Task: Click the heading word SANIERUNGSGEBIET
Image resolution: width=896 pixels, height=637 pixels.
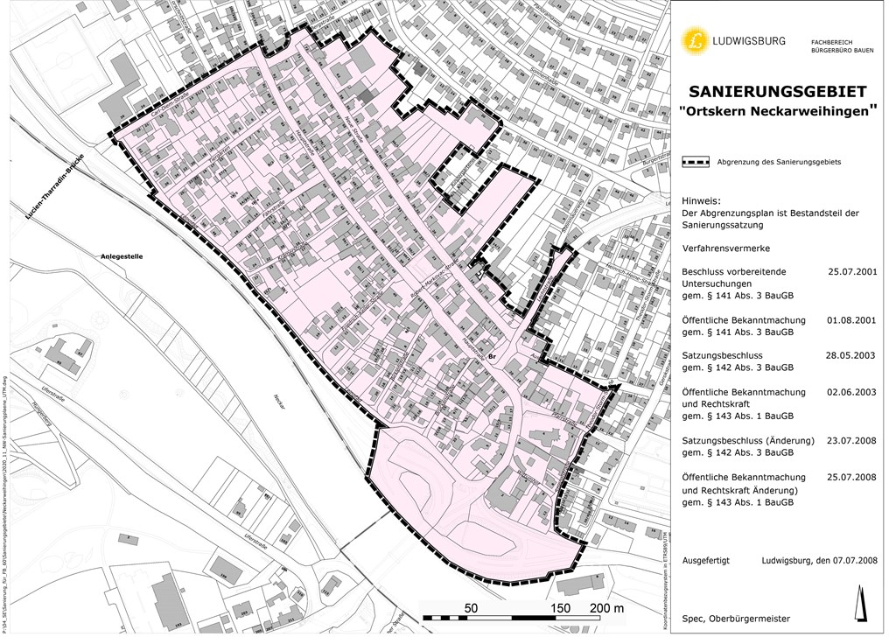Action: pos(778,92)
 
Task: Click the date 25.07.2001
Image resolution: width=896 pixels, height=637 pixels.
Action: pos(851,271)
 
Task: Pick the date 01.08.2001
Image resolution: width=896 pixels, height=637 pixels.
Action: pos(851,320)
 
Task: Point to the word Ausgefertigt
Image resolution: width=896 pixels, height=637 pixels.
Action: pos(705,560)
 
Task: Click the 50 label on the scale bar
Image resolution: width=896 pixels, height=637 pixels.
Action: pos(470,607)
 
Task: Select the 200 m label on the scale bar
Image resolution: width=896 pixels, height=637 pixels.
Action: pos(606,607)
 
